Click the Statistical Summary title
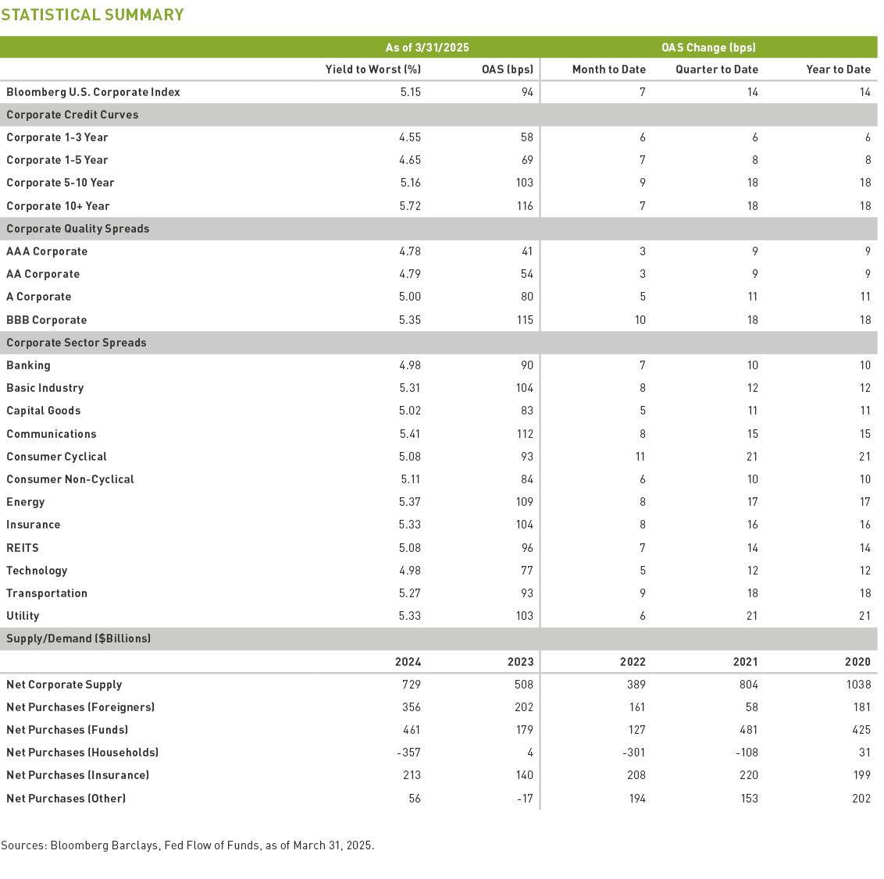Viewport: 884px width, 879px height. coord(92,15)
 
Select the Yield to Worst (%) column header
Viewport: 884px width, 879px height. coord(372,69)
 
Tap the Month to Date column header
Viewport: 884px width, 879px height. coord(608,69)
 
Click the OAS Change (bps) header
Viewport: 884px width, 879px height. coord(708,48)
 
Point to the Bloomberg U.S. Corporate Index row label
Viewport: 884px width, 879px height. coord(93,92)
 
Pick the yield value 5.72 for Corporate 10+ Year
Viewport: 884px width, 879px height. coord(410,206)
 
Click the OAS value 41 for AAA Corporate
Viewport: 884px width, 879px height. coord(527,251)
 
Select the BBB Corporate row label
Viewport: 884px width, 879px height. coord(46,320)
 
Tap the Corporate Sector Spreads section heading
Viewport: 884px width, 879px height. coord(76,343)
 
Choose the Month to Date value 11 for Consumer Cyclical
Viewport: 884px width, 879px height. coord(640,457)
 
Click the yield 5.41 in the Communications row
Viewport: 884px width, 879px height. coord(410,434)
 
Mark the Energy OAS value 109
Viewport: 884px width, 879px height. coord(524,502)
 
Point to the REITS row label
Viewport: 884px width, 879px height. coord(23,548)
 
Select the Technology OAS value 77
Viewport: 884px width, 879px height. coord(527,571)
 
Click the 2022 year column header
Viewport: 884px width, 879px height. coord(633,662)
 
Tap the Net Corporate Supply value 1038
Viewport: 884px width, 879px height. coord(857,685)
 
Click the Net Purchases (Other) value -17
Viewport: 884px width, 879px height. coord(525,799)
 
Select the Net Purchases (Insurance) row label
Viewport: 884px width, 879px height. coord(77,775)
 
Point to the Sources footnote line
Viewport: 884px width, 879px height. coord(187,845)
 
